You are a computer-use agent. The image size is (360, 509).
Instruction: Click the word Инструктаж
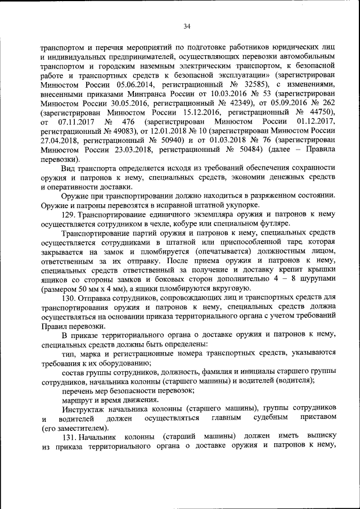[x=84, y=407]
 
